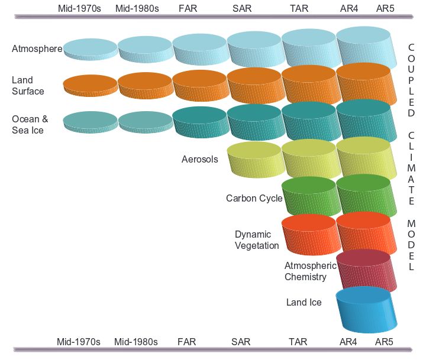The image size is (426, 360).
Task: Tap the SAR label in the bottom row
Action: pos(241,342)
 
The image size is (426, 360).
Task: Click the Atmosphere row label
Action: pos(37,49)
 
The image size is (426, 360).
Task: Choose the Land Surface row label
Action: pos(27,86)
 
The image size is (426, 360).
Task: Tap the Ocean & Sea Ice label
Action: pos(30,124)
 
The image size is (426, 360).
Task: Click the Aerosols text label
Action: pos(199,159)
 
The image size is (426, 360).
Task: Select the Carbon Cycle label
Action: pos(254,199)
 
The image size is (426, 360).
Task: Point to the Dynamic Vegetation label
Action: pos(256,240)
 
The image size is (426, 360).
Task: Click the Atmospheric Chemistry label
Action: pos(309,271)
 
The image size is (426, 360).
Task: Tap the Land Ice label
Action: pos(304,303)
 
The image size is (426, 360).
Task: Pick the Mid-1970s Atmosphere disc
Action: pos(90,47)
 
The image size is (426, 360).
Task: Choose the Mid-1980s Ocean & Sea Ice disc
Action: pos(145,121)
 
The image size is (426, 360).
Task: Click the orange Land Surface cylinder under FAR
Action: pos(199,85)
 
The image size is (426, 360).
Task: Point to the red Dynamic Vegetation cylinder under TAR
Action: pos(308,234)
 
